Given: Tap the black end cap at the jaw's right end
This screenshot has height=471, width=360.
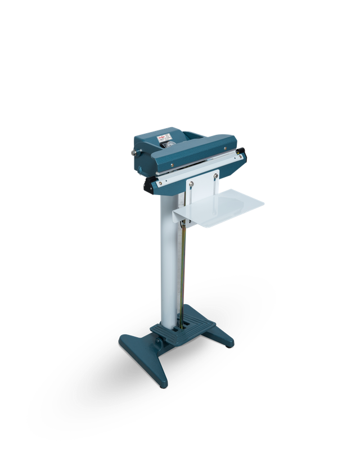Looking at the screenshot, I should click(x=242, y=153).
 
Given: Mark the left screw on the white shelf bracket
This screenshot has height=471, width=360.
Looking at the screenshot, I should click(x=192, y=182).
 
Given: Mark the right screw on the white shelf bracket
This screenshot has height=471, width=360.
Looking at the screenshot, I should click(x=215, y=175).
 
